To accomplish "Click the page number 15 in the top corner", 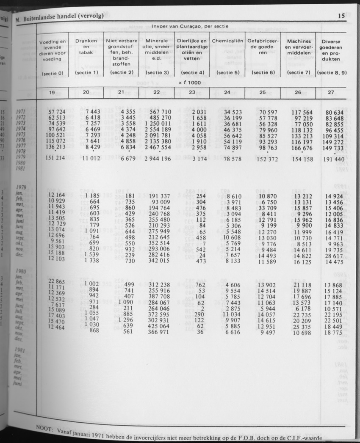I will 341,16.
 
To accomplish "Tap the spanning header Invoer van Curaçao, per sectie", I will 190,26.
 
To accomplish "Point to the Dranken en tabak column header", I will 86,47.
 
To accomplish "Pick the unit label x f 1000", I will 190,83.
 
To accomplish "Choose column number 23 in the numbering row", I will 192,92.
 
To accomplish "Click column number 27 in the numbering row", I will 331,92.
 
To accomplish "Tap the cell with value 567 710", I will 158,112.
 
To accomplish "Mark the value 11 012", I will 90,159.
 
